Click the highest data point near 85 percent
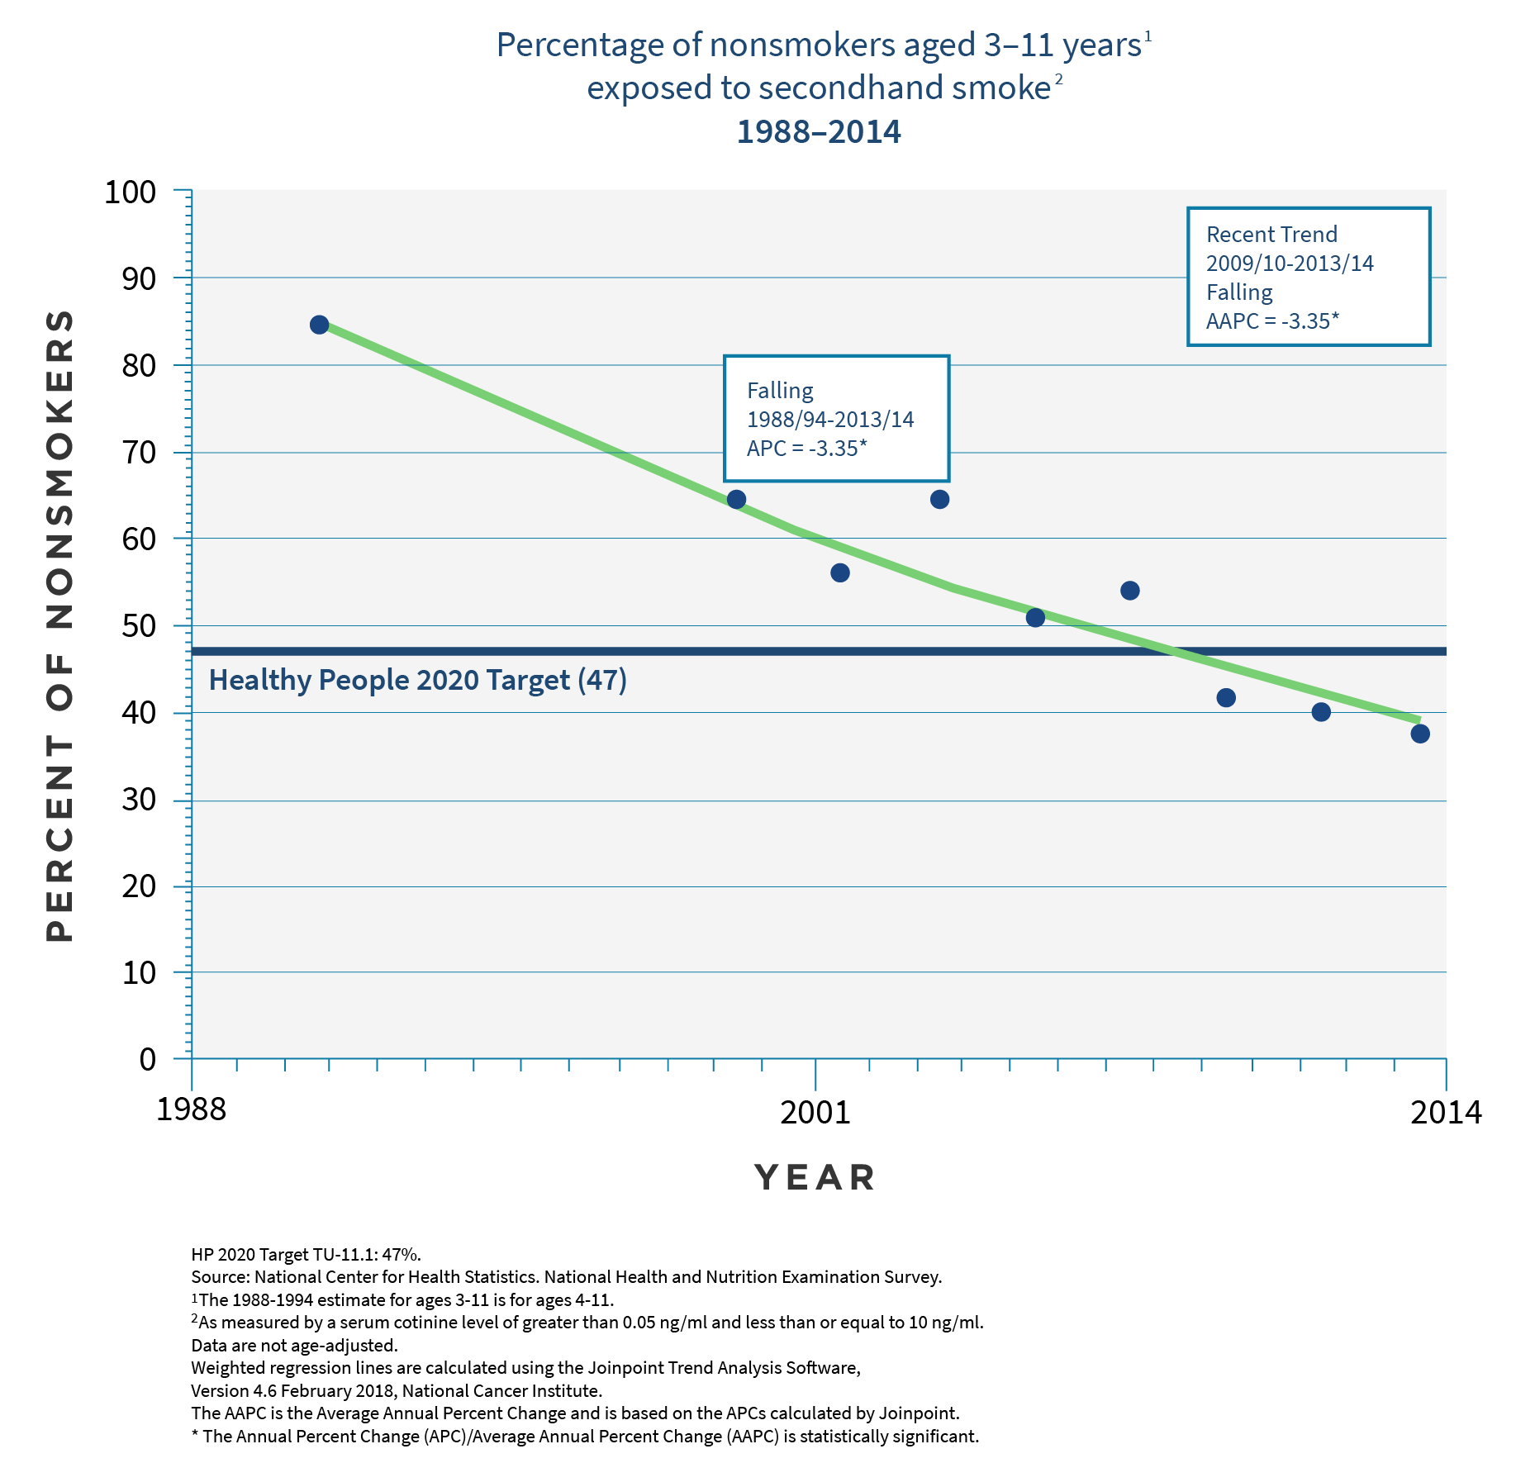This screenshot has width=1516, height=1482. point(319,325)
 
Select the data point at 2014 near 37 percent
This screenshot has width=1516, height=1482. point(1420,734)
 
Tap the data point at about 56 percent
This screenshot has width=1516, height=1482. point(839,572)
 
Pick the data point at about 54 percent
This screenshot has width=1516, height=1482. point(1130,590)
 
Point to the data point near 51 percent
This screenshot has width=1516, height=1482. point(1035,617)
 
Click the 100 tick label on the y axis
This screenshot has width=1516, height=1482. point(130,192)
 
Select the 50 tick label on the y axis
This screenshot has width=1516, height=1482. point(139,626)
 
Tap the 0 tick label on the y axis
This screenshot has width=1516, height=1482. point(148,1059)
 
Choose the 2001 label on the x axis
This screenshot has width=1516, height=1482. point(815,1112)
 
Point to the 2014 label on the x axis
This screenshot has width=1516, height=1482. point(1446,1112)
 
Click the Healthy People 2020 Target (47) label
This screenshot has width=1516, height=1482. point(417,680)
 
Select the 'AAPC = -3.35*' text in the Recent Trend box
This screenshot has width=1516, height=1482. point(1272,321)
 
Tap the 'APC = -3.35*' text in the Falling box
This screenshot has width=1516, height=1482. point(806,448)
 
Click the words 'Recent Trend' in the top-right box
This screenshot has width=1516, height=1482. point(1271,235)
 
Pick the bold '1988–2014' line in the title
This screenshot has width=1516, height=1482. point(819,132)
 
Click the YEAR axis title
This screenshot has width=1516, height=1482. point(815,1178)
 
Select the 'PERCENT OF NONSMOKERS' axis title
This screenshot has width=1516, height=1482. point(59,625)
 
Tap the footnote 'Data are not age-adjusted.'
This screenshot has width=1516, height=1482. point(294,1345)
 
